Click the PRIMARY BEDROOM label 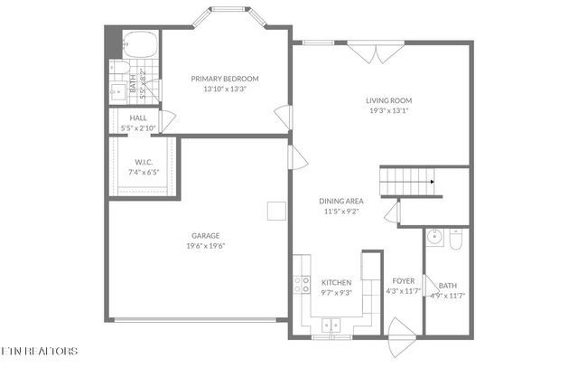click(225, 79)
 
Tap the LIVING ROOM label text click(389, 100)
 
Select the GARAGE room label click(205, 235)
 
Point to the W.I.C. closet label click(143, 162)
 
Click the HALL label click(138, 118)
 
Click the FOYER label click(403, 282)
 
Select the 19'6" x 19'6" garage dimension click(205, 245)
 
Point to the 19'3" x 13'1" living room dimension click(389, 110)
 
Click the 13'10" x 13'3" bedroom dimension click(225, 89)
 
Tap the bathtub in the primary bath click(139, 43)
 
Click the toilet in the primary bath click(120, 68)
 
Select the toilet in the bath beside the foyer click(456, 241)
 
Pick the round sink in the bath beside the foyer click(435, 239)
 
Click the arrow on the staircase click(432, 182)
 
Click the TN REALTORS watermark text click(40, 351)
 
